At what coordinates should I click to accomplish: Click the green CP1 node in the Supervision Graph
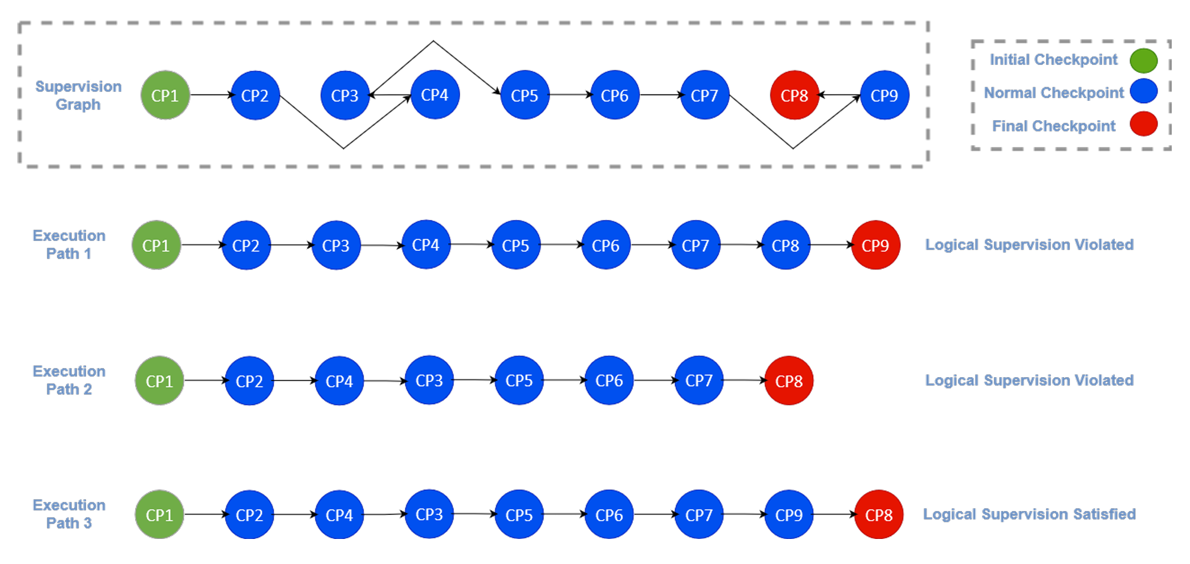click(x=165, y=95)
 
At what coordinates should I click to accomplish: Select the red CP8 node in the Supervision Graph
click(x=794, y=95)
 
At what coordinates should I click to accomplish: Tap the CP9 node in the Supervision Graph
click(x=884, y=95)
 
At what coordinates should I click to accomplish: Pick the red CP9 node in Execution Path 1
click(x=875, y=245)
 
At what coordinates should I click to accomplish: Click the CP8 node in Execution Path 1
click(x=785, y=245)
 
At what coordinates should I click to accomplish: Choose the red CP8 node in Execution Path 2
click(x=789, y=381)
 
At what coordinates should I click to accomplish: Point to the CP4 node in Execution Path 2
click(x=339, y=381)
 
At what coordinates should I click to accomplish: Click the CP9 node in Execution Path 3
click(x=789, y=514)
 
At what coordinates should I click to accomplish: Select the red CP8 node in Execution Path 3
click(x=879, y=514)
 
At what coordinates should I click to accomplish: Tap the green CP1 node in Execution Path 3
click(x=159, y=514)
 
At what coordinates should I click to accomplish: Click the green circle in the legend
click(x=1143, y=60)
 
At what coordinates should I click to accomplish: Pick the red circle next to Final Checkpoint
click(x=1143, y=124)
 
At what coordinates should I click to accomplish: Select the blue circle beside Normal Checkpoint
click(x=1143, y=91)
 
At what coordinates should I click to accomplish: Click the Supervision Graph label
click(x=78, y=95)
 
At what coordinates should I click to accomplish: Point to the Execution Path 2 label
click(x=69, y=380)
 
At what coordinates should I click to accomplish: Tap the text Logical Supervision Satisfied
click(x=1029, y=514)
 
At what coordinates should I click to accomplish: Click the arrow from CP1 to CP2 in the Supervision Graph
click(x=211, y=95)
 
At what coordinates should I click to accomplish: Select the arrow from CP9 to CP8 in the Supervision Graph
click(x=839, y=95)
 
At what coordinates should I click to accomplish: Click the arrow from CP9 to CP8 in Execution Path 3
click(x=834, y=514)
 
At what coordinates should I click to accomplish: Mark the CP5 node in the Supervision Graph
click(x=525, y=95)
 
